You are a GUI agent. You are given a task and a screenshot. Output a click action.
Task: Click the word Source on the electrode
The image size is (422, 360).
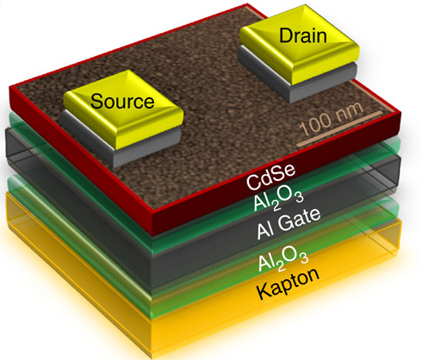(122, 101)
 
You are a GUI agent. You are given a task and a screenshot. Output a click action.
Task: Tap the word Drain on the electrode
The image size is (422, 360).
(303, 35)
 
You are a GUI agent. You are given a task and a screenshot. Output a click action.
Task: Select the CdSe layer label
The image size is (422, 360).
(270, 177)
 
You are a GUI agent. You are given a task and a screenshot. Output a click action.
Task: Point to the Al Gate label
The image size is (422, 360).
(289, 224)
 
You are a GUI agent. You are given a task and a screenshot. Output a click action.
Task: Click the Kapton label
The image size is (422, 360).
(288, 283)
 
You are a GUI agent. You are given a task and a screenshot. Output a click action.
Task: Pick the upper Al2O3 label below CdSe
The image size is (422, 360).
(278, 199)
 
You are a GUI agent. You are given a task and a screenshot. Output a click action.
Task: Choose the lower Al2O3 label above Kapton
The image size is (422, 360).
(283, 259)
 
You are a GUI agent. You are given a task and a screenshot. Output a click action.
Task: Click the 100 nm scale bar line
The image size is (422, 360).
(340, 128)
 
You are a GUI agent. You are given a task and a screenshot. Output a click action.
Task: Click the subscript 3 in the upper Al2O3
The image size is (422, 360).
(299, 197)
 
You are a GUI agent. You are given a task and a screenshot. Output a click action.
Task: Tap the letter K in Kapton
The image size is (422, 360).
(264, 291)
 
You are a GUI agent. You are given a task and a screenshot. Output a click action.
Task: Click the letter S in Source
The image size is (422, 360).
(97, 102)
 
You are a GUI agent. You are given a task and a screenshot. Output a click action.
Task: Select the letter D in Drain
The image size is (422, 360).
(286, 35)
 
